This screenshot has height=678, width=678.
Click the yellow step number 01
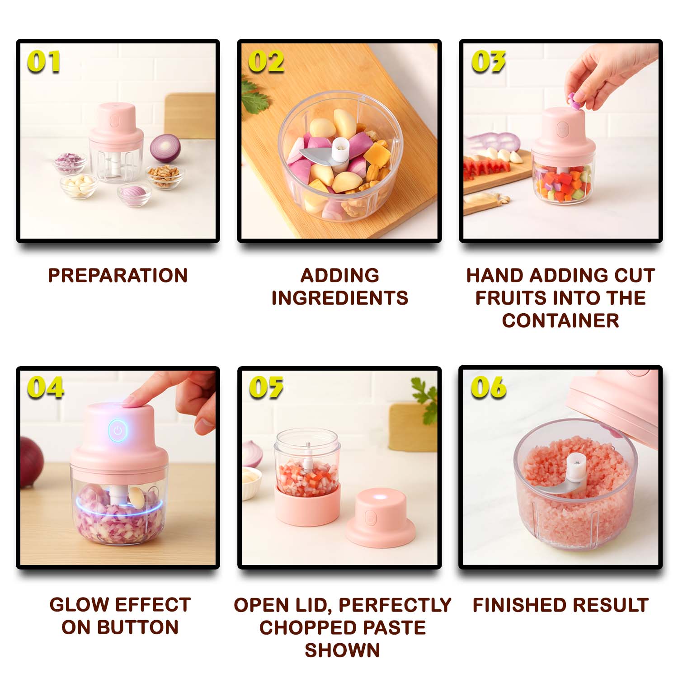[x=43, y=61]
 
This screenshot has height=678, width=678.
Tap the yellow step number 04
[x=45, y=388]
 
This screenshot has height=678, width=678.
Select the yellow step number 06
[x=488, y=387]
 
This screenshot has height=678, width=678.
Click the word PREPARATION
[x=118, y=275]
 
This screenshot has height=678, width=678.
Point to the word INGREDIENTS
[x=340, y=298]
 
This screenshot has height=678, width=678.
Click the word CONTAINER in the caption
[x=560, y=320]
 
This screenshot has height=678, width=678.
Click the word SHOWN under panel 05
[x=342, y=650]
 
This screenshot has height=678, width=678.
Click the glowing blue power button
[x=118, y=430]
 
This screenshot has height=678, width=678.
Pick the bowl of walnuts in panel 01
[x=165, y=176]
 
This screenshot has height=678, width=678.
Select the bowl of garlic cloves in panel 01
[x=79, y=186]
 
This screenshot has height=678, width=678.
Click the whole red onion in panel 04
[x=32, y=461]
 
